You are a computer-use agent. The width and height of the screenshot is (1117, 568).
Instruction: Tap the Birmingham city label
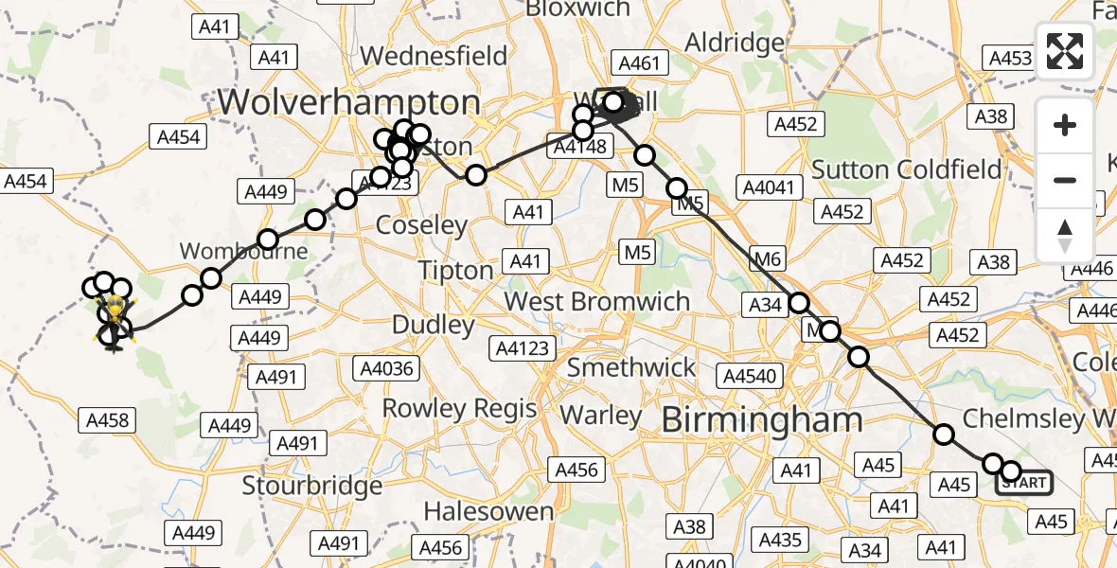[762, 419]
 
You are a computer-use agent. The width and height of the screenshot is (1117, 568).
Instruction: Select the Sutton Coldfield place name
[907, 170]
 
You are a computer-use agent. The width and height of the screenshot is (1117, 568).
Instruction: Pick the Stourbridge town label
[312, 487]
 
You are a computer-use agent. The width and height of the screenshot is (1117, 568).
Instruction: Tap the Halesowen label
[488, 512]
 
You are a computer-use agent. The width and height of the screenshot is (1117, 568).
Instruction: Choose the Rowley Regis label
[459, 409]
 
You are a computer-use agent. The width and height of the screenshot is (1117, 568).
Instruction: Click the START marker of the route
[1023, 483]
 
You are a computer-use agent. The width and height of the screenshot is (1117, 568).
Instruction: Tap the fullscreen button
[1065, 51]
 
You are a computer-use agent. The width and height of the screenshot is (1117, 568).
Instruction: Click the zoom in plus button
[1065, 126]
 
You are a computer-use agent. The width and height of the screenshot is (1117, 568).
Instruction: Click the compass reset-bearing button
[1065, 235]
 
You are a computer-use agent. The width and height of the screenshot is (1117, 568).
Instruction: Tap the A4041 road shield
[770, 187]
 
